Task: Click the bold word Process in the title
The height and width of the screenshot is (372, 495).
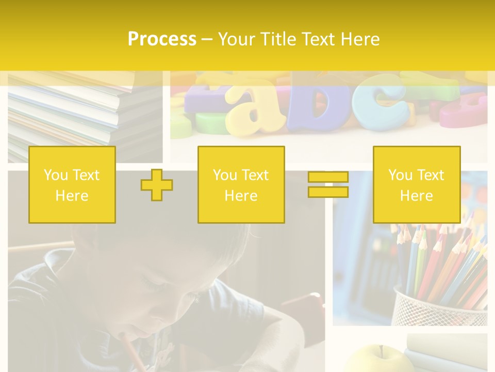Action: click(x=162, y=39)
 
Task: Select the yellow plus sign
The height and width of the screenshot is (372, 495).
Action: click(x=157, y=185)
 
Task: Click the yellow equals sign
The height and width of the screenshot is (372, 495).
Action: click(x=328, y=185)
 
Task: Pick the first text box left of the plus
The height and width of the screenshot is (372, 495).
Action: click(x=72, y=185)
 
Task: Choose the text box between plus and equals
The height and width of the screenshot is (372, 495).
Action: click(x=241, y=185)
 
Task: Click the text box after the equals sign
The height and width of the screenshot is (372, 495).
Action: click(x=416, y=185)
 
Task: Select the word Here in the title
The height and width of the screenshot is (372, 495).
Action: click(x=359, y=39)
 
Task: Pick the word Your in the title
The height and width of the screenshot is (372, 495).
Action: click(x=236, y=39)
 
